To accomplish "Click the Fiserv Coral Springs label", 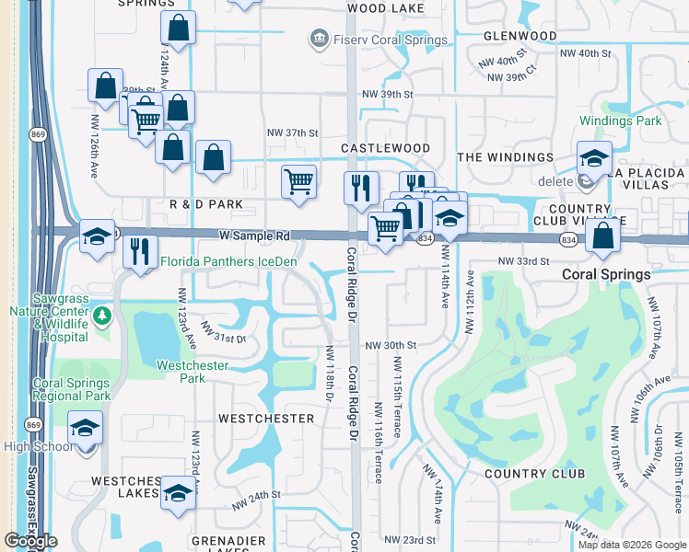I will (389, 40).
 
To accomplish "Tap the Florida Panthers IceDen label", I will (229, 261).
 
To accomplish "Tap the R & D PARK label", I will (205, 203).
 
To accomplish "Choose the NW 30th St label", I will (391, 345).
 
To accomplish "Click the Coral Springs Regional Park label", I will (71, 389).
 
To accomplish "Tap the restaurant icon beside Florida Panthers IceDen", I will (140, 250).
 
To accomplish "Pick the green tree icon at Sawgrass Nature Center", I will (102, 316).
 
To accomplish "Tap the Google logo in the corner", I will (30, 541).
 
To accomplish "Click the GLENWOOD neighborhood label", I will (520, 36).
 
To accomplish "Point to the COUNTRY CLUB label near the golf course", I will (534, 474).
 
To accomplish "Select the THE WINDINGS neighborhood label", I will (506, 157).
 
